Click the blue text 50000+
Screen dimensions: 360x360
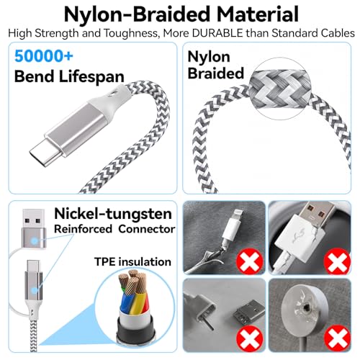pos(44,56)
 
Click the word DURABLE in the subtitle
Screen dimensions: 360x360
pos(217,33)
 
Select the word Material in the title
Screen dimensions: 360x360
pos(258,14)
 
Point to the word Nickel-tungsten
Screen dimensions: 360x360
pos(113,214)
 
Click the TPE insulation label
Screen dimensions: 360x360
pos(132,261)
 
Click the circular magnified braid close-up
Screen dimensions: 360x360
pos(280,89)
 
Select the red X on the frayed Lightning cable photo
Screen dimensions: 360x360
pos(250,261)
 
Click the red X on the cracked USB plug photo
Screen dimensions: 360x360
pos(337,261)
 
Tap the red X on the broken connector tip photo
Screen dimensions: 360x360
pos(250,338)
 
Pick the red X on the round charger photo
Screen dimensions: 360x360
pos(337,338)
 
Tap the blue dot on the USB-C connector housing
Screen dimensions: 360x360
pos(35,290)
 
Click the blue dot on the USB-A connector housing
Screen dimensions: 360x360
pos(35,240)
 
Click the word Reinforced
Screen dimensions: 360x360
pos(83,229)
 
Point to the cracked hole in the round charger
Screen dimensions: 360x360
pos(306,307)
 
